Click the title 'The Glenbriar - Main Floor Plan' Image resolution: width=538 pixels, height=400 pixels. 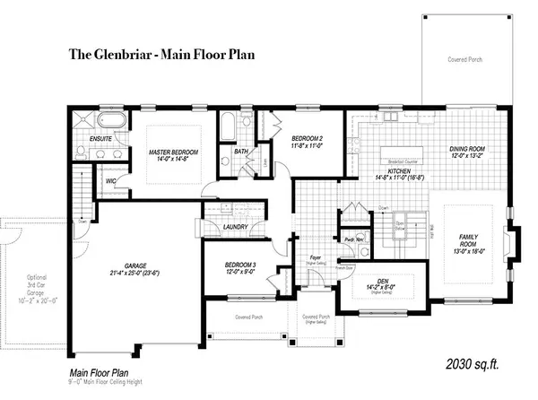click(x=162, y=54)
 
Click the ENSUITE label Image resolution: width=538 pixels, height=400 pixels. click(x=100, y=139)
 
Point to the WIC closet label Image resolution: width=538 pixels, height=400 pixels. click(x=111, y=180)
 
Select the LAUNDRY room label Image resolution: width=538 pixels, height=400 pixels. click(x=234, y=227)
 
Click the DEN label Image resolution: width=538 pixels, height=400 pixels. click(x=383, y=281)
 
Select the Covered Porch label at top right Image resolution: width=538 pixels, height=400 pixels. click(x=465, y=59)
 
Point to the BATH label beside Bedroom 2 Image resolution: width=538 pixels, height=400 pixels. click(x=241, y=152)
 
